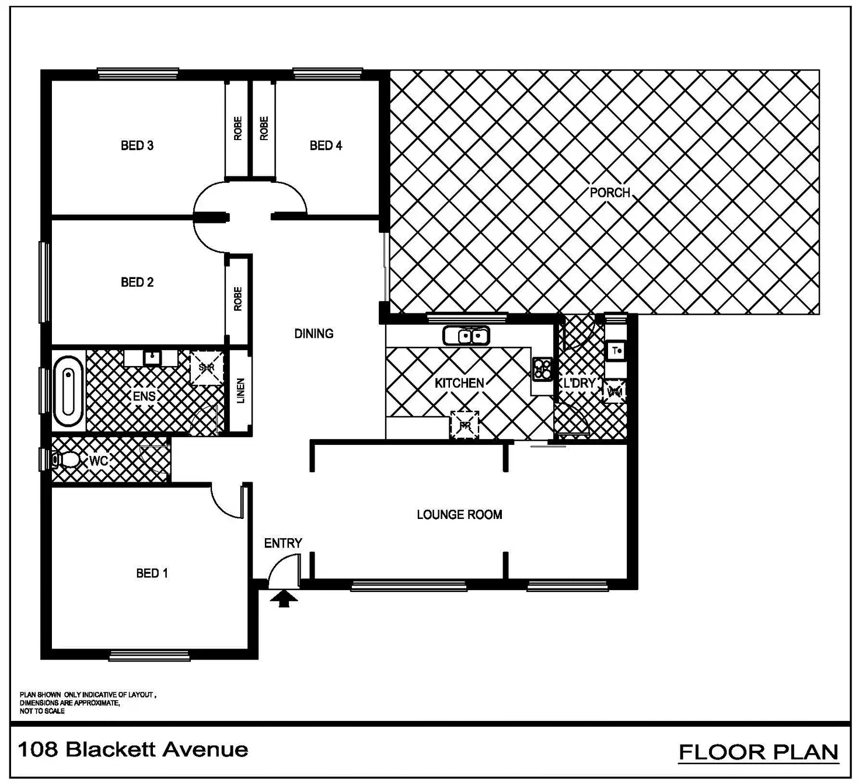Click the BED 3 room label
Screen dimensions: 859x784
(137, 145)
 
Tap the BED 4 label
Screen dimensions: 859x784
(326, 145)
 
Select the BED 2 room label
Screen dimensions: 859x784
(137, 282)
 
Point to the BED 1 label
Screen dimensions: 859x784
(152, 573)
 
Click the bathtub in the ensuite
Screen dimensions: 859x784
(68, 391)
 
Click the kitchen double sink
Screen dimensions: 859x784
(466, 336)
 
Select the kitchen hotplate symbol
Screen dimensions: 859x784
(542, 369)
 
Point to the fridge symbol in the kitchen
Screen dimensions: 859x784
(465, 425)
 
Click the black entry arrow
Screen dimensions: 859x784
(284, 598)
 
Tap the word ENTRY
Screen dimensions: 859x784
(283, 543)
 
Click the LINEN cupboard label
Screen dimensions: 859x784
(240, 391)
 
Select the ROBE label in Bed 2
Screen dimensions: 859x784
(238, 298)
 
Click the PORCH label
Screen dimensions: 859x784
(610, 193)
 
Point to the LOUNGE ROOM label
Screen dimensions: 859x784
(459, 514)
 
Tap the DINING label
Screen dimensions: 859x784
(314, 333)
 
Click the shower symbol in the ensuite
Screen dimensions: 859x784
(207, 368)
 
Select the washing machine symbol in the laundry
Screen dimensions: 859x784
(615, 392)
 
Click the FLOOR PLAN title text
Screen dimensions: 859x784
(759, 752)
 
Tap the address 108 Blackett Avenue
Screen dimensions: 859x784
(133, 750)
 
